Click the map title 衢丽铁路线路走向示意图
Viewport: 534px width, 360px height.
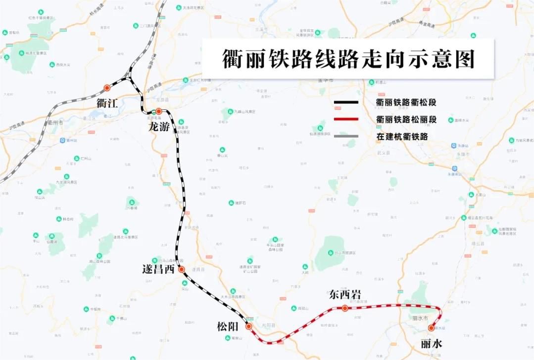pos(348,58)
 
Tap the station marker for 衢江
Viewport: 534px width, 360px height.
pos(107,88)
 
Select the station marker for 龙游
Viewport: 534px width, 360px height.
pos(158,111)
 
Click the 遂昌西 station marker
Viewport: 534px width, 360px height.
pos(182,269)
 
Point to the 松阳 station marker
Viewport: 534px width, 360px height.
pos(248,326)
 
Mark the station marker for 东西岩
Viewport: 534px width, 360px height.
pos(344,308)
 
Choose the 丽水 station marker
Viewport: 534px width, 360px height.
pos(431,328)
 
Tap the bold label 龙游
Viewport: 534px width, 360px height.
pos(159,127)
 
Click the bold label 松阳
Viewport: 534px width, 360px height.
pos(228,327)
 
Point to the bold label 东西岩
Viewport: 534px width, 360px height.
pos(345,295)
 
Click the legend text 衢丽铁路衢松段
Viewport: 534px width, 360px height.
pos(408,103)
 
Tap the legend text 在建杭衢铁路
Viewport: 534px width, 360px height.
pos(402,136)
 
